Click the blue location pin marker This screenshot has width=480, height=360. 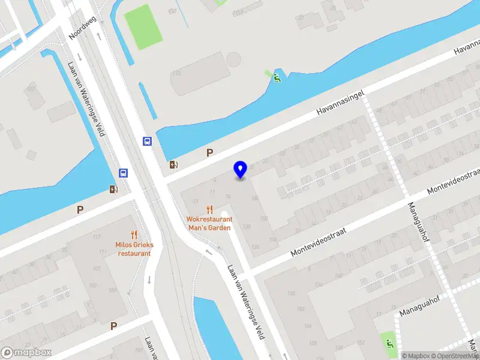(x=240, y=169)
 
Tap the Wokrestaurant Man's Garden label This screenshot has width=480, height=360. (x=209, y=223)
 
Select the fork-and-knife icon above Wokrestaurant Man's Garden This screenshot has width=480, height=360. (x=209, y=209)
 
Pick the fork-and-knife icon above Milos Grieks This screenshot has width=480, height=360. (x=134, y=235)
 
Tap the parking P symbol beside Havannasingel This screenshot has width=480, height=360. (x=209, y=153)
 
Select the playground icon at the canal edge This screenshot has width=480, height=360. (x=277, y=77)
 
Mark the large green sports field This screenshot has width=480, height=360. (x=143, y=27)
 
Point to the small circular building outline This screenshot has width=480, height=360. (x=233, y=59)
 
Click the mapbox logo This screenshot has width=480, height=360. (x=26, y=353)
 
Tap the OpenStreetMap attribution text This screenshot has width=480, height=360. (x=454, y=356)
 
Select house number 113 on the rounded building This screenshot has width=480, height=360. (x=176, y=73)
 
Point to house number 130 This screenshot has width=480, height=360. (x=292, y=293)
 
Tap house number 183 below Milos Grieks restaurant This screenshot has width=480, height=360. (x=113, y=290)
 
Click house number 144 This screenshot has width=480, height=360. (x=307, y=326)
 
